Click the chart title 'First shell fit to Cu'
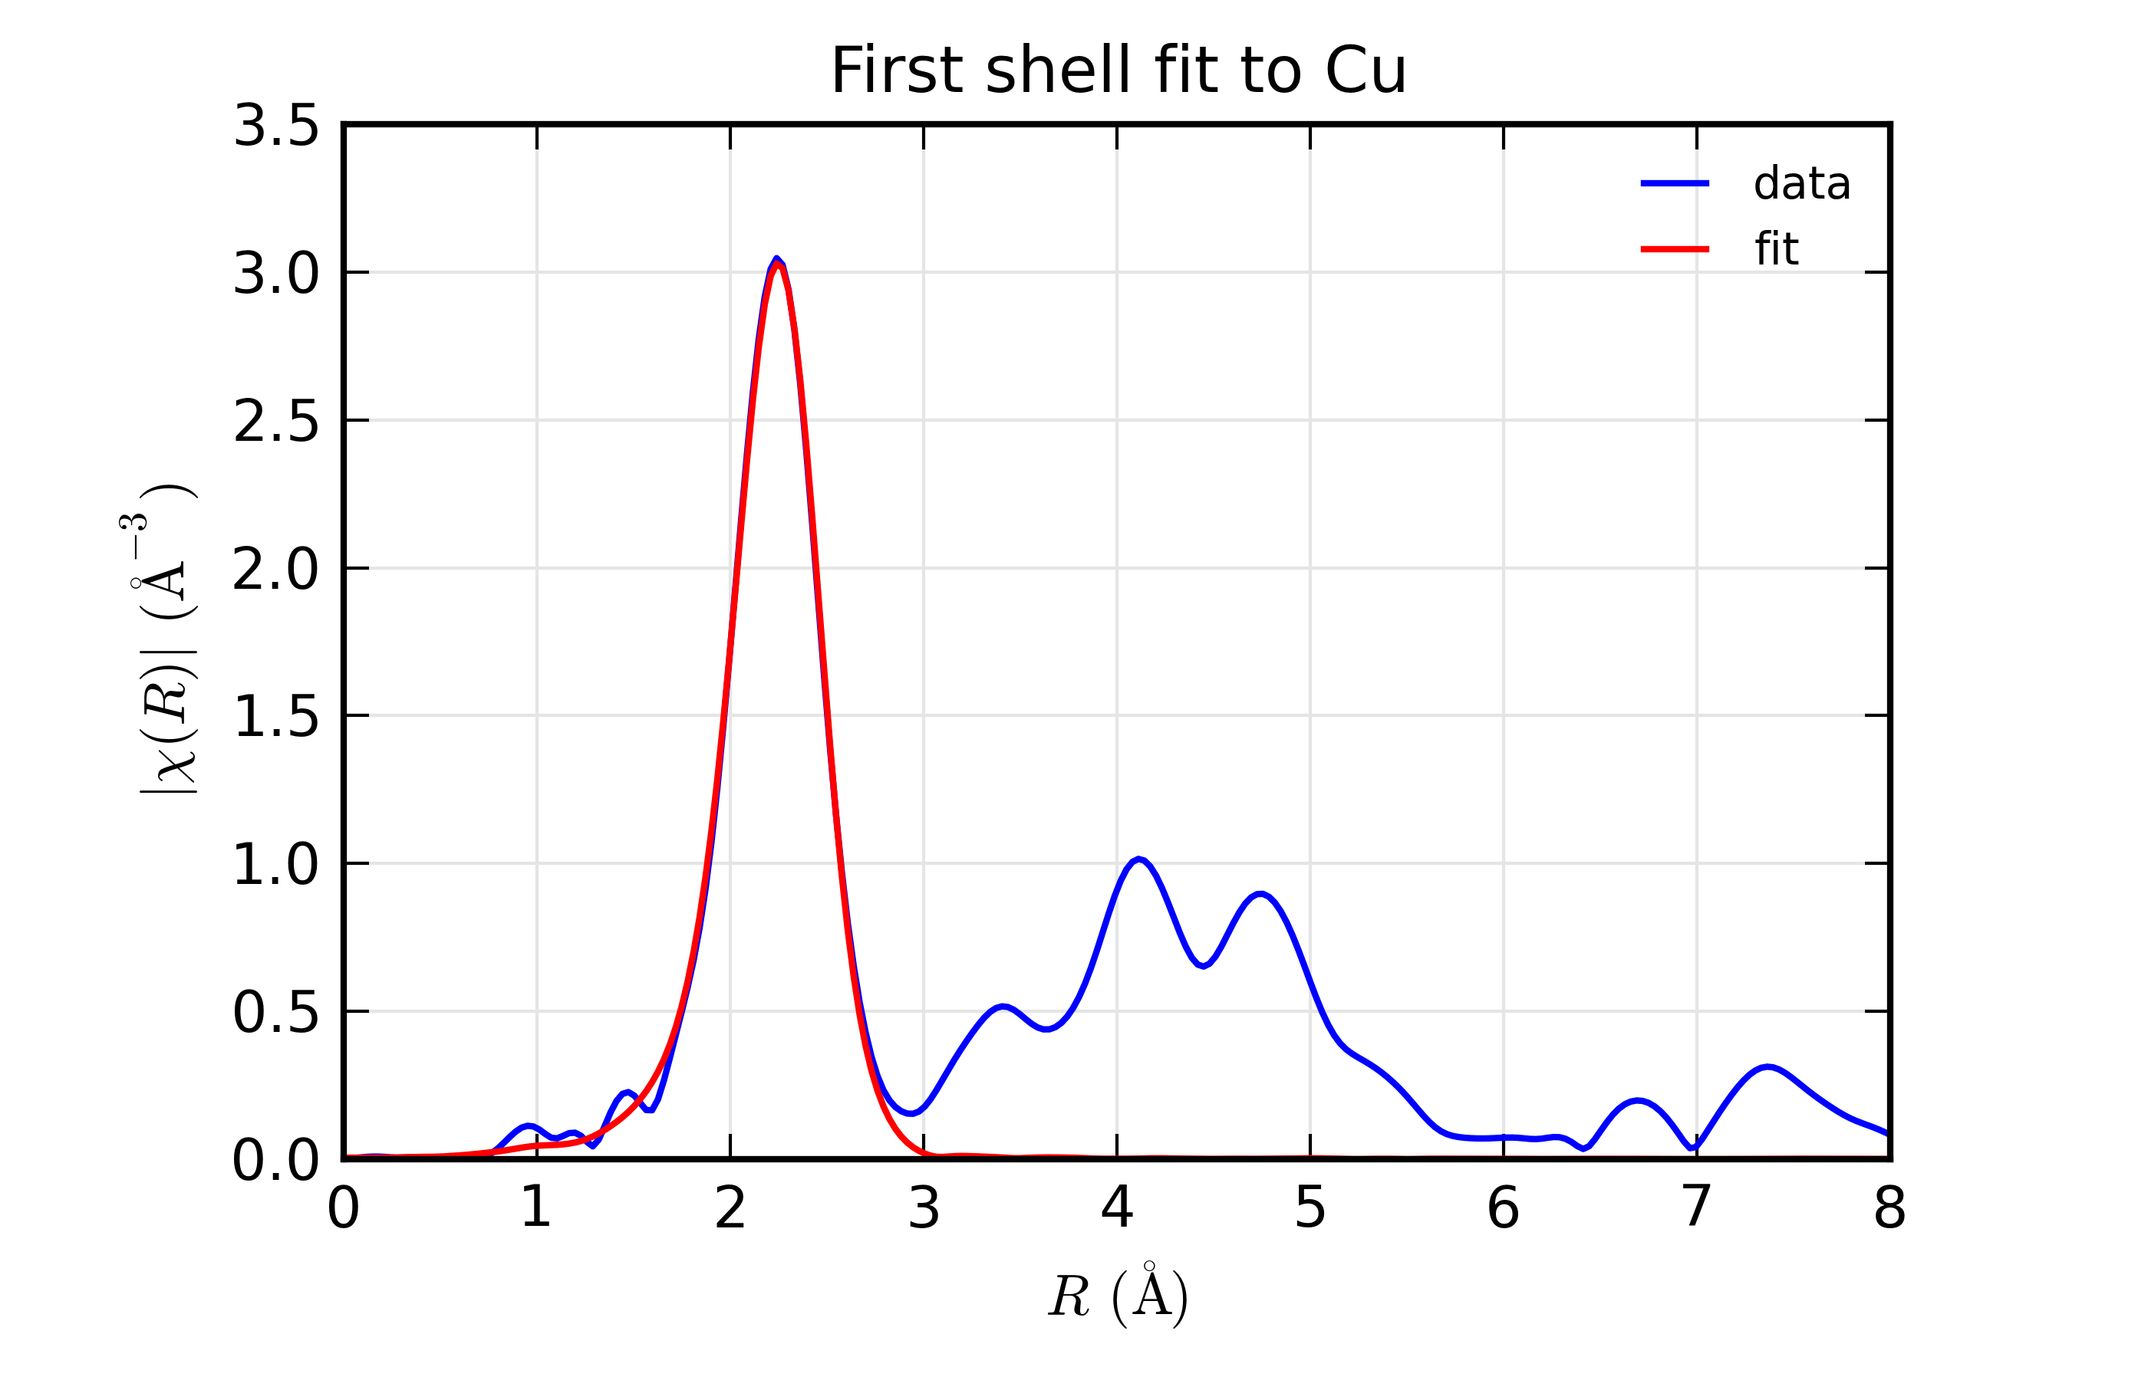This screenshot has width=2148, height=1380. [x=1118, y=71]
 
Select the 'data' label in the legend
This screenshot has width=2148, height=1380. [x=1801, y=184]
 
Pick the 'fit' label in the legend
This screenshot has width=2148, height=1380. [x=1776, y=249]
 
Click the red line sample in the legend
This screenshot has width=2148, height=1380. [x=1674, y=249]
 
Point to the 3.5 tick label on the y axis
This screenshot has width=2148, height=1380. [x=275, y=127]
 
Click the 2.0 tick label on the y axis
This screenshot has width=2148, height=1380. [x=275, y=569]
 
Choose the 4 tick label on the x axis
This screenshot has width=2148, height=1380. [x=1116, y=1209]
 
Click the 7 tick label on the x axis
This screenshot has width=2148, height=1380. [x=1696, y=1209]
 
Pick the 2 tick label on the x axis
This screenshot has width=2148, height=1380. [x=730, y=1209]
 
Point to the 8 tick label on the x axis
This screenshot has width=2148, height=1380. [x=1889, y=1209]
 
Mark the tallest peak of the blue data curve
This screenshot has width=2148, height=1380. [x=776, y=259]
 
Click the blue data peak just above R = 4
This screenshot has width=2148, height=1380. [x=1138, y=859]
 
